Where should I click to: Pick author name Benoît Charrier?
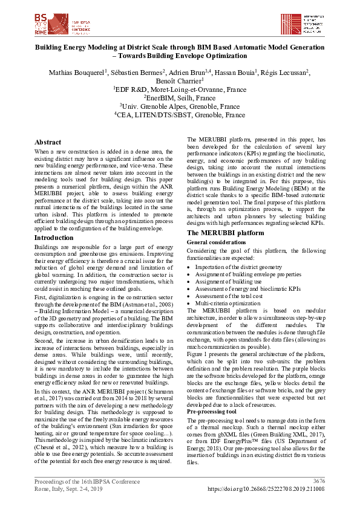(x=180, y=81)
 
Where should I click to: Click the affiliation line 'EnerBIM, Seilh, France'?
(x=180, y=97)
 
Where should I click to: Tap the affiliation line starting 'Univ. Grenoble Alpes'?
(x=180, y=106)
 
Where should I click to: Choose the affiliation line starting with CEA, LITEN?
(x=180, y=115)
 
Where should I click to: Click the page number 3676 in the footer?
(x=318, y=481)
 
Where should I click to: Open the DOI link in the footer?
(x=267, y=488)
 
